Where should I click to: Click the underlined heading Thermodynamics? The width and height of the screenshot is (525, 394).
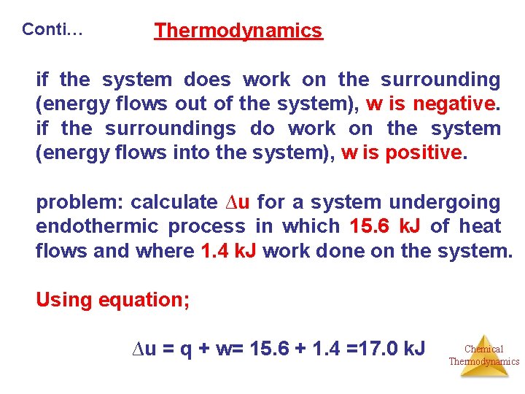[238, 31]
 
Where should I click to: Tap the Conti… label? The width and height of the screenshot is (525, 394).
[52, 29]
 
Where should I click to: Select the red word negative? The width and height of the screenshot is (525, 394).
[454, 104]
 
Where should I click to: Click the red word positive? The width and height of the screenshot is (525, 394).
[425, 153]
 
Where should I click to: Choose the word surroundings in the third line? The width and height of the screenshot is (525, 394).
[171, 128]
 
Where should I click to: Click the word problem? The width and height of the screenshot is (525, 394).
[79, 202]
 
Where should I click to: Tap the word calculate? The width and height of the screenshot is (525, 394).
[174, 202]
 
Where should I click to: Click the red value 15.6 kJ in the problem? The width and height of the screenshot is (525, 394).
[385, 227]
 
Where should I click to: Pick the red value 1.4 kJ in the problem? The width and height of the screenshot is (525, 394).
[228, 252]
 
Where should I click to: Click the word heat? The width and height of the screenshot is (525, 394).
[480, 227]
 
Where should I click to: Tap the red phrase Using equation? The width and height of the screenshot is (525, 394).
[113, 300]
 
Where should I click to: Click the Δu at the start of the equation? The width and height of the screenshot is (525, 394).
[142, 349]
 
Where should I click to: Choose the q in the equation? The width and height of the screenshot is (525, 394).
[186, 349]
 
